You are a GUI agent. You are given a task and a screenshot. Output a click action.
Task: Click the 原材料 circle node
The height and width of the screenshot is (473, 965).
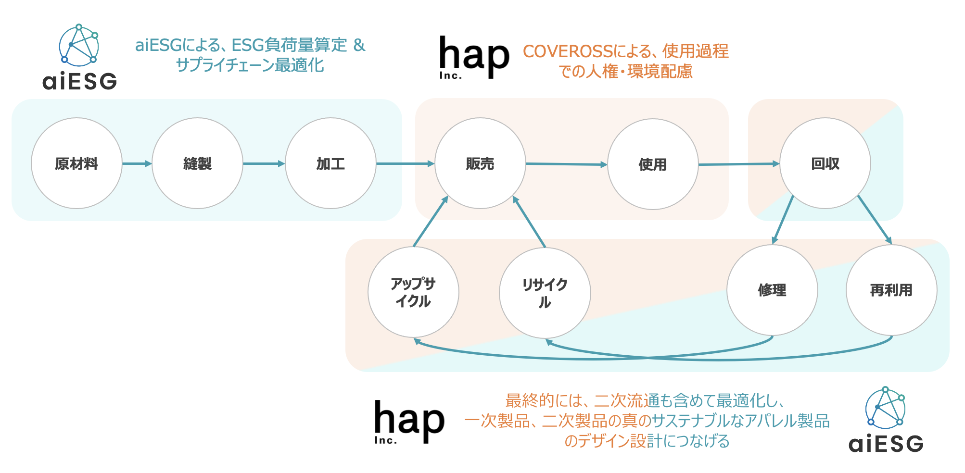click(76, 163)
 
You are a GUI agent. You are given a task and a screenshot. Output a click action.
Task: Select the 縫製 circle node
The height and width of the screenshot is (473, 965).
click(197, 163)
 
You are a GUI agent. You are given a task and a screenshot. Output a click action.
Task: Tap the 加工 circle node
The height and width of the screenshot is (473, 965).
click(330, 163)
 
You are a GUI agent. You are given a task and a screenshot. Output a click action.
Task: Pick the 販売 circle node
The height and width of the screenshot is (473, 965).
click(480, 163)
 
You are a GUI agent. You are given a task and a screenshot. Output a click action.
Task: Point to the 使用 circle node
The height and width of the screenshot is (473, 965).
click(653, 164)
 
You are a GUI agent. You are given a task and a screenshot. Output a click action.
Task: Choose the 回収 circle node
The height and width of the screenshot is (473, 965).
click(825, 163)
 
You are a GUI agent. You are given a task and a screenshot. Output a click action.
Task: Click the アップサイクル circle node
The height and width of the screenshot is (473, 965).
click(413, 292)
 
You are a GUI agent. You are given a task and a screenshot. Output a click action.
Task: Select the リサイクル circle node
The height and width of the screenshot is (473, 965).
click(545, 293)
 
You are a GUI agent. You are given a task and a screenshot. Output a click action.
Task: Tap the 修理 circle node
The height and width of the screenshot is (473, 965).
click(772, 290)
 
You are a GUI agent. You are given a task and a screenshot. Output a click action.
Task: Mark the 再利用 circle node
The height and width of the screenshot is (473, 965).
click(891, 290)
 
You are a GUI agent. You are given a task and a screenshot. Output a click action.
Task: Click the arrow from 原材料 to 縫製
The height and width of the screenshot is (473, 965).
click(137, 163)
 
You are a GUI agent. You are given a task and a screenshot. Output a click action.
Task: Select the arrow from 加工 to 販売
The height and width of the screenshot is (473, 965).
click(405, 163)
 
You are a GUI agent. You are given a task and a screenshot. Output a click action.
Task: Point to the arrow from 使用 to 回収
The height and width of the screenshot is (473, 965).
click(738, 164)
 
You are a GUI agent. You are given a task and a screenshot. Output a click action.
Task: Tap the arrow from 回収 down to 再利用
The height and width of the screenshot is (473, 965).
click(875, 220)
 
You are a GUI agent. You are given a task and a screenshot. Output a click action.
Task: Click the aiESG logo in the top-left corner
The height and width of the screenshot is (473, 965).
click(79, 58)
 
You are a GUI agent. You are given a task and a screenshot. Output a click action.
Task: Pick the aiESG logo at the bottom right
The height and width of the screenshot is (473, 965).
click(886, 420)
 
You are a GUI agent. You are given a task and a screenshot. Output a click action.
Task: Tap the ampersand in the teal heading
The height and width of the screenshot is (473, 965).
click(359, 45)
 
